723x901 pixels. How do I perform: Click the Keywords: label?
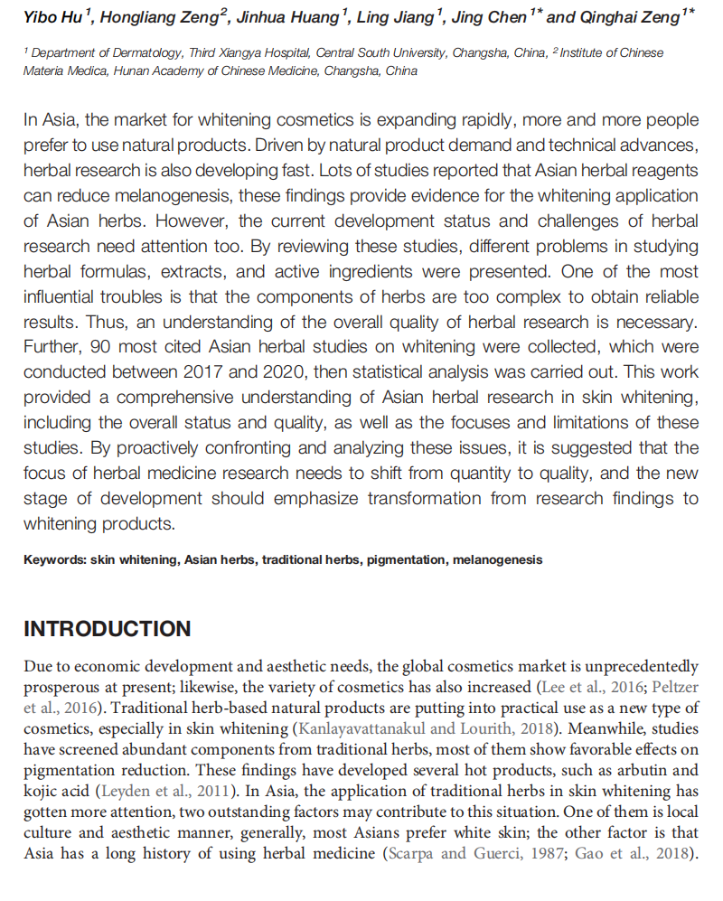pos(55,559)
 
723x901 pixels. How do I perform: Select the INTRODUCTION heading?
pos(108,629)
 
